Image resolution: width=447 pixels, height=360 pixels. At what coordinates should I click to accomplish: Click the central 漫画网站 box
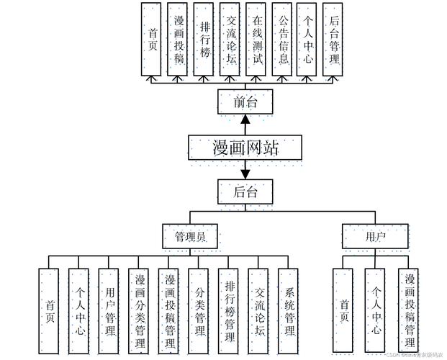(x=245, y=148)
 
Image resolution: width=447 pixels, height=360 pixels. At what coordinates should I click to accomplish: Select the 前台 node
(x=245, y=102)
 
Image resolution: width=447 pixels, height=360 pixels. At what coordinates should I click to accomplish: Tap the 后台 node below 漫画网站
(x=245, y=191)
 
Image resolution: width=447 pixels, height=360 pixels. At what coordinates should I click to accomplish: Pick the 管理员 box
(x=189, y=236)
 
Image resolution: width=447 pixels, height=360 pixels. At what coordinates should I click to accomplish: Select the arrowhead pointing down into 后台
(x=245, y=174)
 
